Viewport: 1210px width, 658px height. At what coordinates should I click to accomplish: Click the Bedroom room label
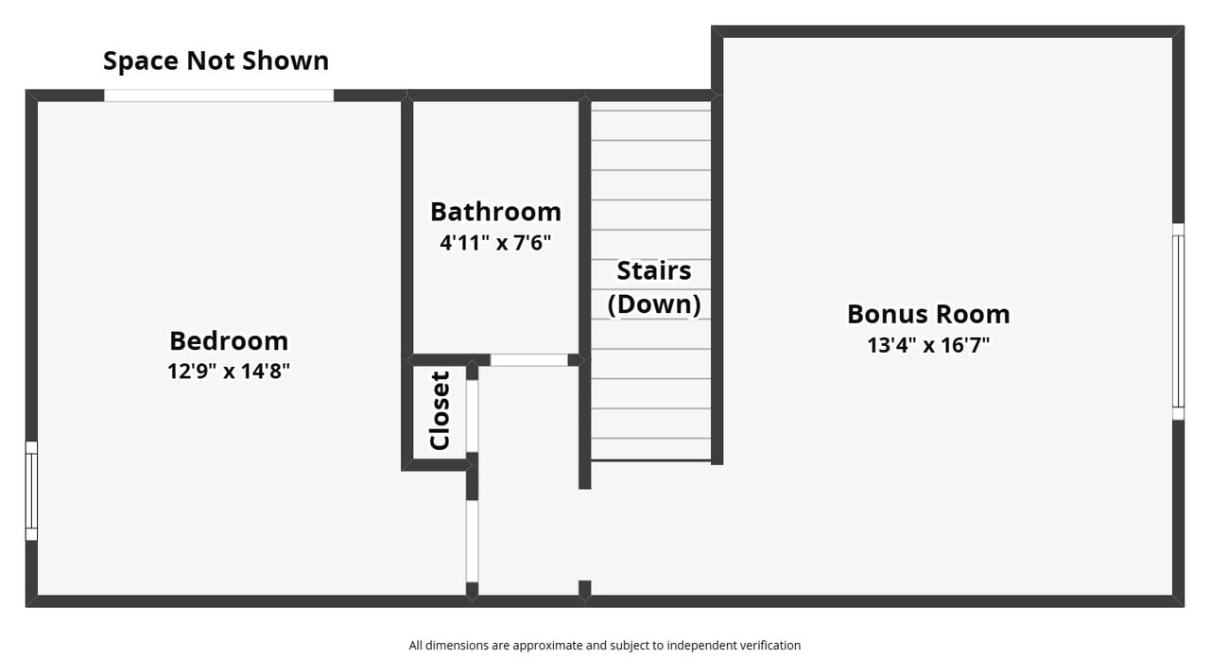[x=229, y=341]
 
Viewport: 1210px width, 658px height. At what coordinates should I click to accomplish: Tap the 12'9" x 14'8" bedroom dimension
[x=229, y=372]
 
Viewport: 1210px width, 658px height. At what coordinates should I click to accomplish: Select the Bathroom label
[x=495, y=212]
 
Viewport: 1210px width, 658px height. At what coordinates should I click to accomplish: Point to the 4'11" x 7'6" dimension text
[x=495, y=243]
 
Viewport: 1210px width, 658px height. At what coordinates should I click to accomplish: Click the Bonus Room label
[x=928, y=315]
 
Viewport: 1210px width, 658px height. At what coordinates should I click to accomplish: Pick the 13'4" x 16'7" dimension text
[x=928, y=345]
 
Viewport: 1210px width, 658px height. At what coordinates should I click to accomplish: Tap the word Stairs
[x=653, y=270]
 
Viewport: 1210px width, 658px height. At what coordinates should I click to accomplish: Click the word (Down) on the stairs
[x=653, y=303]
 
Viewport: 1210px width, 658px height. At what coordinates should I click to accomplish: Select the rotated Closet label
[x=440, y=410]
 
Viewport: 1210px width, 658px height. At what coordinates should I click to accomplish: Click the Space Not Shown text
[x=216, y=61]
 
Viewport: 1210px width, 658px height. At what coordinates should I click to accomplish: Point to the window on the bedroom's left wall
[x=31, y=491]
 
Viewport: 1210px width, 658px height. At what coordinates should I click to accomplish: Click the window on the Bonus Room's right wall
[x=1178, y=320]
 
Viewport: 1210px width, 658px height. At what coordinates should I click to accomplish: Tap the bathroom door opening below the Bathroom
[x=528, y=360]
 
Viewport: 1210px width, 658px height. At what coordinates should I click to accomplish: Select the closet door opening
[x=472, y=416]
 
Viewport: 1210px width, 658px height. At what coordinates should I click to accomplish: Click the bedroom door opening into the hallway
[x=472, y=542]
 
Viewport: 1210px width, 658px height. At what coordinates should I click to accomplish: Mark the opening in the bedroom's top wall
[x=218, y=95]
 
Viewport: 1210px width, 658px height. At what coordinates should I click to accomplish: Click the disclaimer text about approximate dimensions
[x=604, y=645]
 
